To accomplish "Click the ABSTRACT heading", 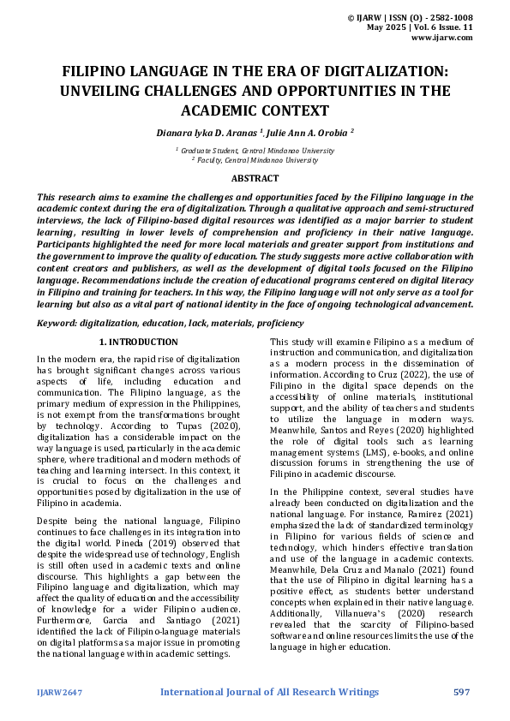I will [x=255, y=178].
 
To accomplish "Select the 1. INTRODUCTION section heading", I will [x=144, y=343].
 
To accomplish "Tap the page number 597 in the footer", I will [x=462, y=691].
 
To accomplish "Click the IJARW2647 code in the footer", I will [x=59, y=692].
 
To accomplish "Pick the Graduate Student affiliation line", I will [x=255, y=150].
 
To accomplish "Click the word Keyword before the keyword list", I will [x=56, y=324].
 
